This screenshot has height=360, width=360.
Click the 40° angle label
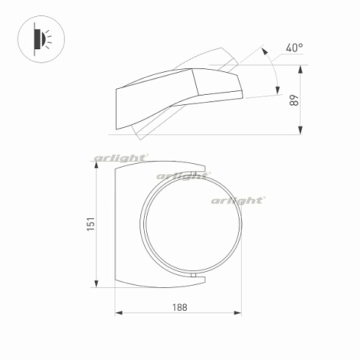coord(294,48)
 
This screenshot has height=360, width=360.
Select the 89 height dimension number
coord(295,100)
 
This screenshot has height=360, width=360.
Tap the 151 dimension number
coord(90,225)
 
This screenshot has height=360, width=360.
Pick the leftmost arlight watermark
coord(121,158)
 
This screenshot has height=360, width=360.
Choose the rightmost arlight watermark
coord(238,200)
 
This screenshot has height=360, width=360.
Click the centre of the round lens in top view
coord(192,224)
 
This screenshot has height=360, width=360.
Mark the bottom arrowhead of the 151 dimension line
coord(97,285)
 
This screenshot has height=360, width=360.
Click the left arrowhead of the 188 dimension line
coord(118,314)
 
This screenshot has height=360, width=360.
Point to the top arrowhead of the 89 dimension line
coord(301,68)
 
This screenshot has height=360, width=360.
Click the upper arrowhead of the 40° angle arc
coord(264,52)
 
